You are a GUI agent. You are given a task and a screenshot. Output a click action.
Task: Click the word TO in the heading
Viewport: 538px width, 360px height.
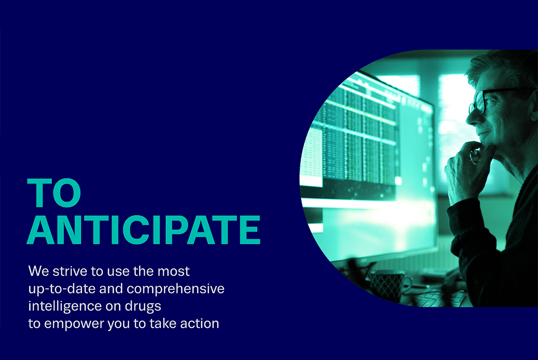pyautogui.click(x=54, y=192)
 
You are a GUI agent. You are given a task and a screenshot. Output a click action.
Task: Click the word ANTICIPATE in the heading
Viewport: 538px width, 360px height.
pyautogui.click(x=144, y=230)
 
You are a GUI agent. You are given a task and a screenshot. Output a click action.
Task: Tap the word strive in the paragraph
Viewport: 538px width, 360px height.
pyautogui.click(x=70, y=271)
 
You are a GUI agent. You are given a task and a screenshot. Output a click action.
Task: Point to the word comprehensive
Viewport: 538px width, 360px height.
pyautogui.click(x=175, y=289)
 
